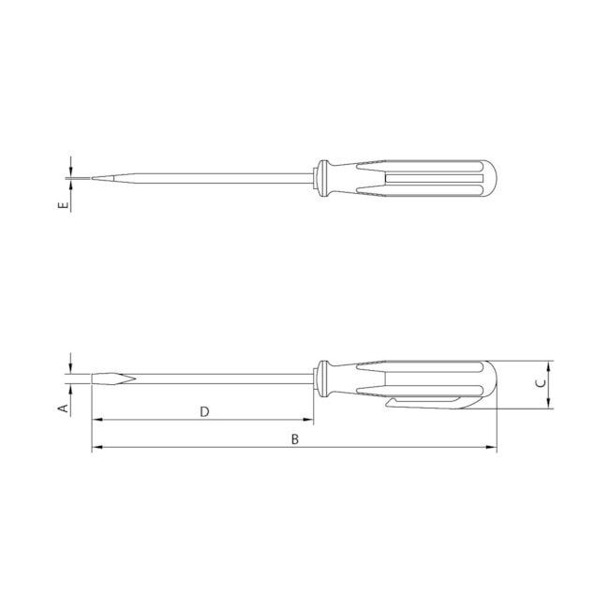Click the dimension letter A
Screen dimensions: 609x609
click(x=64, y=408)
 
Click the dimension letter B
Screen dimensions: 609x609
click(x=295, y=439)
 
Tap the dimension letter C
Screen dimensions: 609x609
click(x=541, y=383)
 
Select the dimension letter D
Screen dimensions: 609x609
click(x=204, y=411)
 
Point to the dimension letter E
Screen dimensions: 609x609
click(x=63, y=205)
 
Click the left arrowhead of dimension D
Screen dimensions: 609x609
click(x=97, y=420)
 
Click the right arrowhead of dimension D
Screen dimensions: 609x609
click(x=308, y=420)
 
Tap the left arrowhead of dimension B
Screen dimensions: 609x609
click(x=97, y=447)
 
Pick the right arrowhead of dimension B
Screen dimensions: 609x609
click(x=492, y=447)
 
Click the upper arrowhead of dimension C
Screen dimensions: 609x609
click(x=548, y=365)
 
